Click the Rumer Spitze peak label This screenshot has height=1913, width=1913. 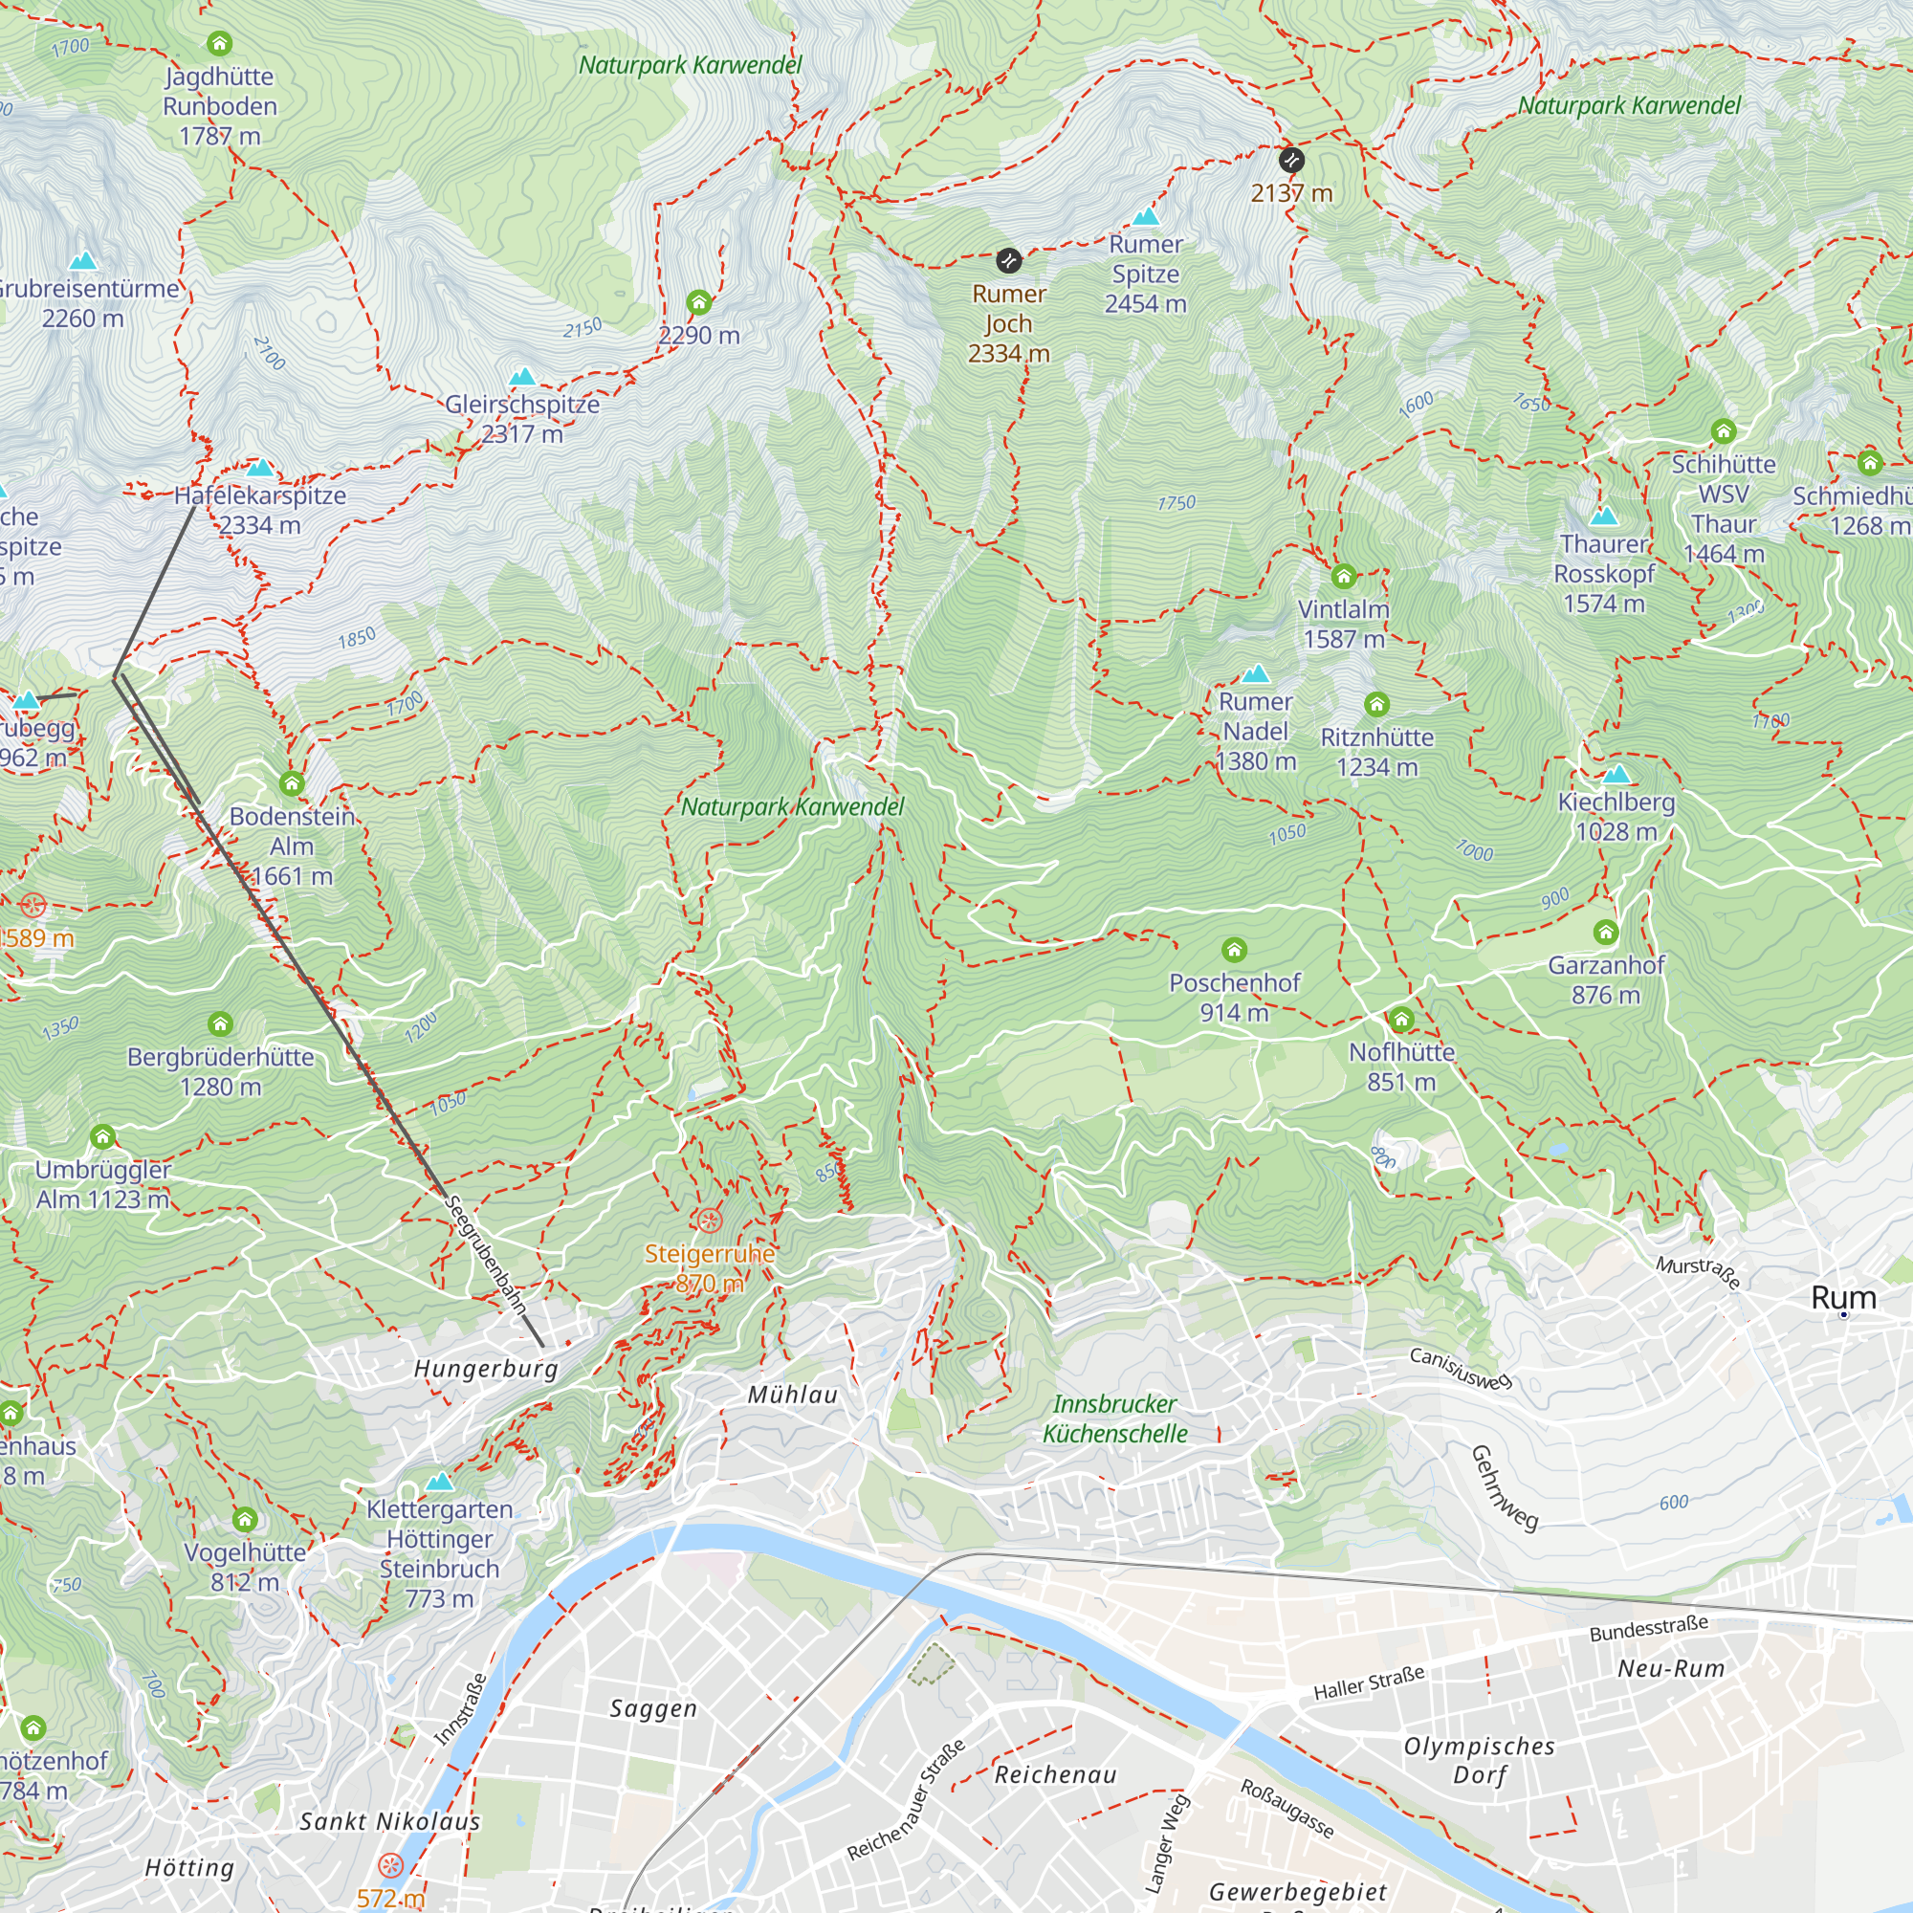[x=1146, y=275]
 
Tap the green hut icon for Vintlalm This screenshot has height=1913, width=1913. [x=1344, y=576]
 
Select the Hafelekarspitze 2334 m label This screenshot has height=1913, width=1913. [x=260, y=510]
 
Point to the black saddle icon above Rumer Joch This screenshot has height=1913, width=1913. [x=1008, y=261]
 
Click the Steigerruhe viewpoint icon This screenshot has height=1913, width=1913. [x=709, y=1220]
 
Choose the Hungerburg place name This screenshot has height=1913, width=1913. [x=486, y=1369]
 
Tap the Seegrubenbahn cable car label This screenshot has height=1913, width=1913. [x=486, y=1256]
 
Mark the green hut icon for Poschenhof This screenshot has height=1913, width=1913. [x=1234, y=951]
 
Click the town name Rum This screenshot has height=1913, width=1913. [x=1843, y=1297]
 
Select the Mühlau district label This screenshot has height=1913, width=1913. [x=792, y=1395]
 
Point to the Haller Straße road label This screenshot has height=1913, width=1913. [x=1369, y=1682]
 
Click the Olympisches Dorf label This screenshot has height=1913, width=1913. [x=1480, y=1760]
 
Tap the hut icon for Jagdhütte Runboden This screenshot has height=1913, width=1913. [x=220, y=44]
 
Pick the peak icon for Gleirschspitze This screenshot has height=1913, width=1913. [x=522, y=376]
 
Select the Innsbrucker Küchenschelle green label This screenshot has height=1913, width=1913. [x=1115, y=1418]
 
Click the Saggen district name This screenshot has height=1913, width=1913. [x=653, y=1708]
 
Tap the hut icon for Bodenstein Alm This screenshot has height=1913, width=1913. [x=291, y=784]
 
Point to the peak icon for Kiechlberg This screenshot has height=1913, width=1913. [x=1616, y=773]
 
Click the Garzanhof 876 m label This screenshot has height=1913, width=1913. [x=1606, y=979]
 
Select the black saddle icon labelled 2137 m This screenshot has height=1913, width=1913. [x=1291, y=160]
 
